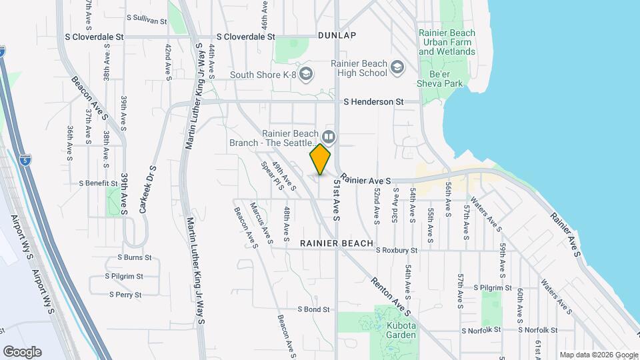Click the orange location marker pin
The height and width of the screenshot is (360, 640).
coord(321,159)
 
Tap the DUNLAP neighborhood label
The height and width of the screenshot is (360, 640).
coord(337,35)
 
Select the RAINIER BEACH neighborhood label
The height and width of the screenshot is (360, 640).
coord(336,243)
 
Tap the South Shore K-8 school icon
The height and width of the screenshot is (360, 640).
coord(306,74)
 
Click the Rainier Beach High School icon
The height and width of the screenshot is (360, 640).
coord(397,67)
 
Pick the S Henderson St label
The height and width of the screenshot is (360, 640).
coord(374,102)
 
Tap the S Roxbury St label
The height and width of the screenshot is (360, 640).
coord(396,251)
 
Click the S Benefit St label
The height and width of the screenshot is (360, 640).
coord(98,183)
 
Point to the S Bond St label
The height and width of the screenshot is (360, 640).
coord(313,309)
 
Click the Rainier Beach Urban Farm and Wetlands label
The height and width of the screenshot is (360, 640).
coord(447,42)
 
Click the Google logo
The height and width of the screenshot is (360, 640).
coord(22,351)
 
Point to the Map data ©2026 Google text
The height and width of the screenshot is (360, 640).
coord(598,355)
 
